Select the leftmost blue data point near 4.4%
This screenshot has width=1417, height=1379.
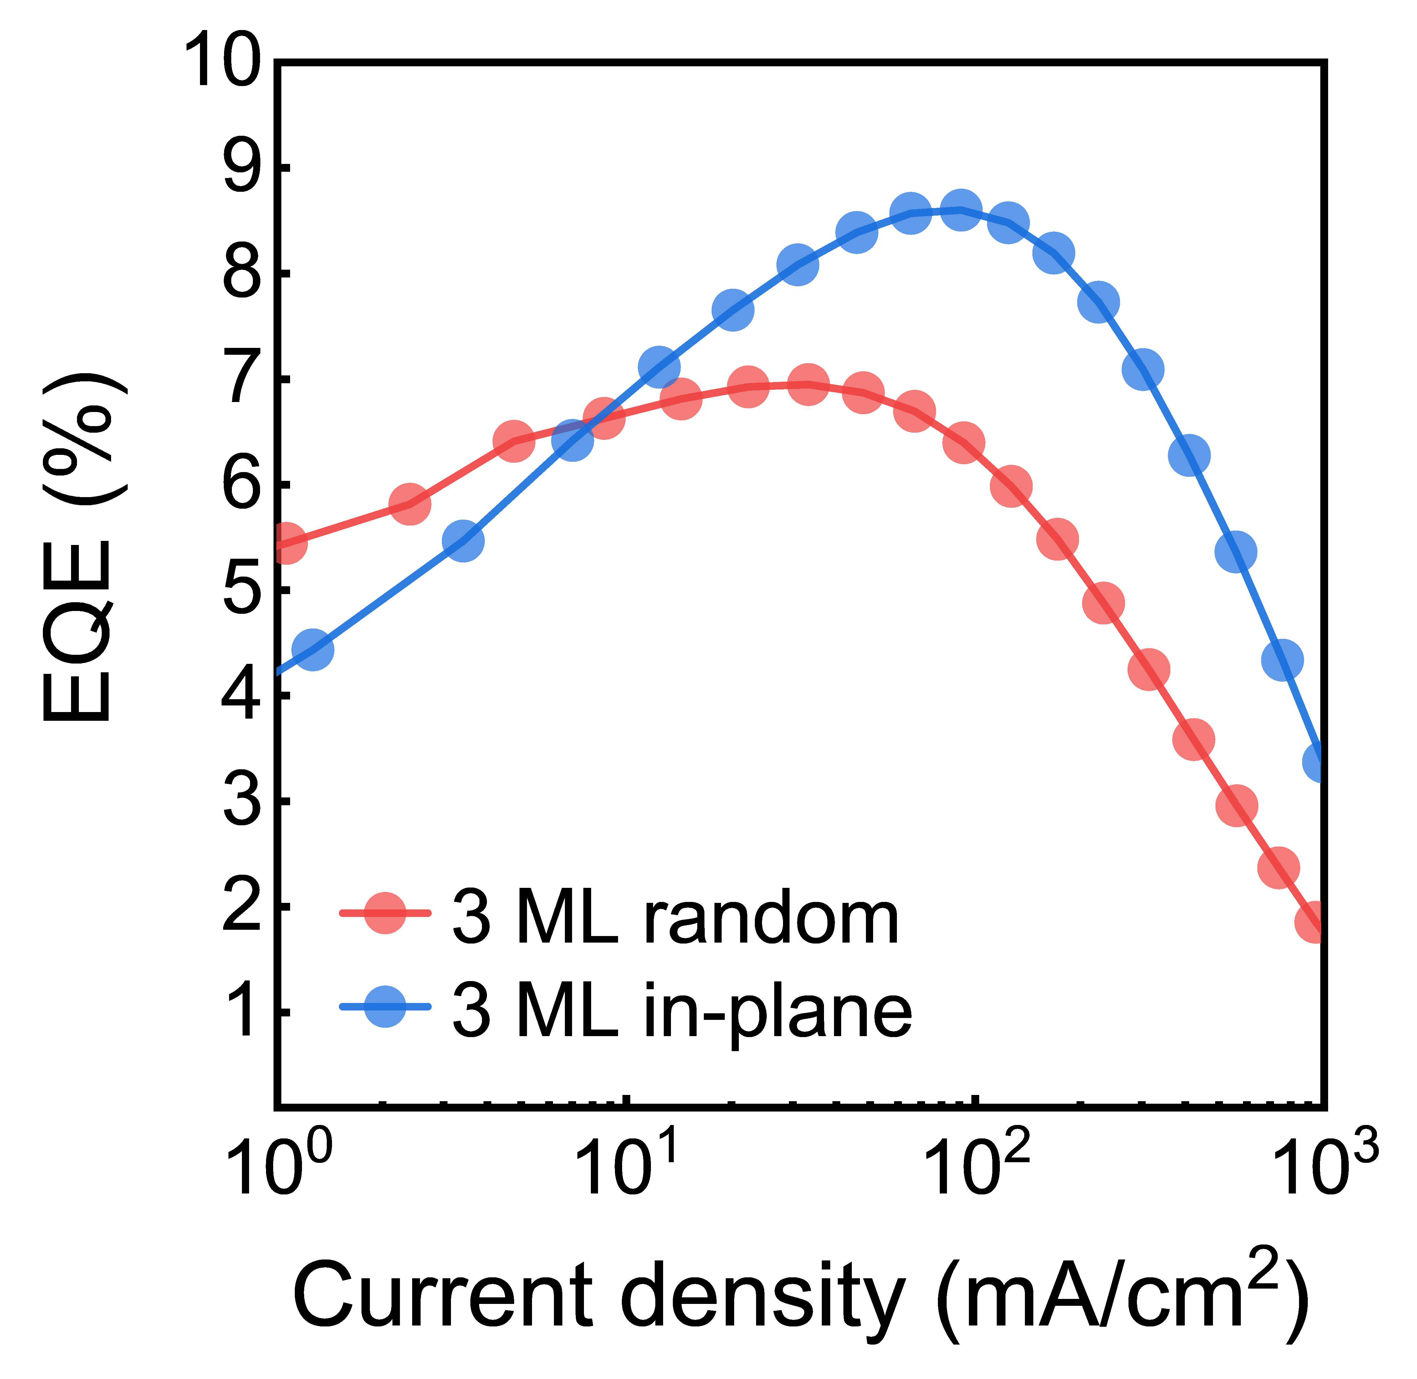click(x=313, y=649)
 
